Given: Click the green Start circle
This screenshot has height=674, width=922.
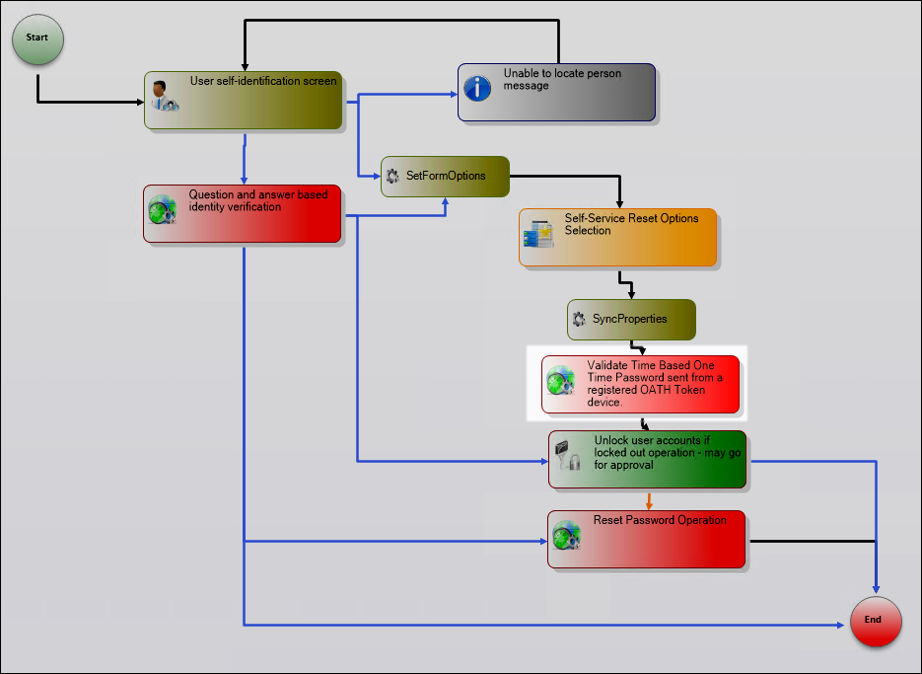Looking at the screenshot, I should tap(37, 38).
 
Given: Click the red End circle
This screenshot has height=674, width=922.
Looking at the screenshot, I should tap(876, 622).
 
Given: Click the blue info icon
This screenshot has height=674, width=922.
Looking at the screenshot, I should tap(478, 89).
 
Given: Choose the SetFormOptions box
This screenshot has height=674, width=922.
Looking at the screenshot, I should tap(446, 177).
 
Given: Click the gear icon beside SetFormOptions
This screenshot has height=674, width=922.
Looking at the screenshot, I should tap(392, 176).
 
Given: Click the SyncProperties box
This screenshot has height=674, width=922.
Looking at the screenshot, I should tap(632, 320).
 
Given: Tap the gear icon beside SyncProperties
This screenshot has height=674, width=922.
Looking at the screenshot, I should tap(579, 320).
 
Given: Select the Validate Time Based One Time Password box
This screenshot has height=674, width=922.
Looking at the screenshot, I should tap(641, 384).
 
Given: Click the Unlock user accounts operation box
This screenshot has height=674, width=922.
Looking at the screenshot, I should tap(648, 459).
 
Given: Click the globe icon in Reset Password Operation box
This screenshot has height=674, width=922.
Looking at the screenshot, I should tap(566, 535).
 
